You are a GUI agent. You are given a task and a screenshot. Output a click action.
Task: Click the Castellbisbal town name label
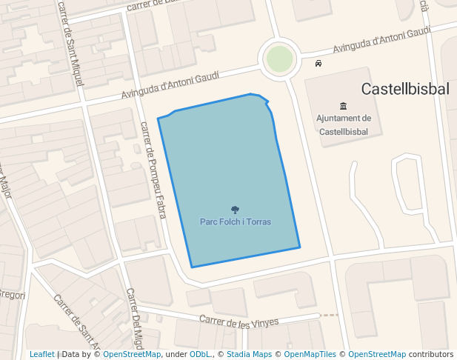[x=405, y=89]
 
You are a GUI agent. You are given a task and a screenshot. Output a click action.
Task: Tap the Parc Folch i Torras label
[x=236, y=221]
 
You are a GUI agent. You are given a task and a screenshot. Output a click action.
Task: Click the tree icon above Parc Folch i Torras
[x=236, y=210]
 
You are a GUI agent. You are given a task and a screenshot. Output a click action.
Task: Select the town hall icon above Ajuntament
[x=343, y=106]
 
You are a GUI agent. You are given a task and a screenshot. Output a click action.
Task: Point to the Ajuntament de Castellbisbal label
[x=343, y=124]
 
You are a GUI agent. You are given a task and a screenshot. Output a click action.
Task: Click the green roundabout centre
[x=279, y=59]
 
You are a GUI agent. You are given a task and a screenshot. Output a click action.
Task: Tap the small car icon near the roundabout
[x=318, y=64]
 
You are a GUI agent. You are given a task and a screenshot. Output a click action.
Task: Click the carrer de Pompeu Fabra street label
[x=153, y=170]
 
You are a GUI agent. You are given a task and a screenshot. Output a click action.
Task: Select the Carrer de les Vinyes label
[x=238, y=321]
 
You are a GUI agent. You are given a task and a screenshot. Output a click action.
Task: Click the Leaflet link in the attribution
[x=41, y=354]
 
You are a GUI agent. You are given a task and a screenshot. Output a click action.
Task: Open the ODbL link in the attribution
[x=200, y=354]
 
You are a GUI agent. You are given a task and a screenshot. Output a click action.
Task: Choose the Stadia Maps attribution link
[x=248, y=354]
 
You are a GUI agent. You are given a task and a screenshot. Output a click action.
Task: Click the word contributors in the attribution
[x=432, y=354]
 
